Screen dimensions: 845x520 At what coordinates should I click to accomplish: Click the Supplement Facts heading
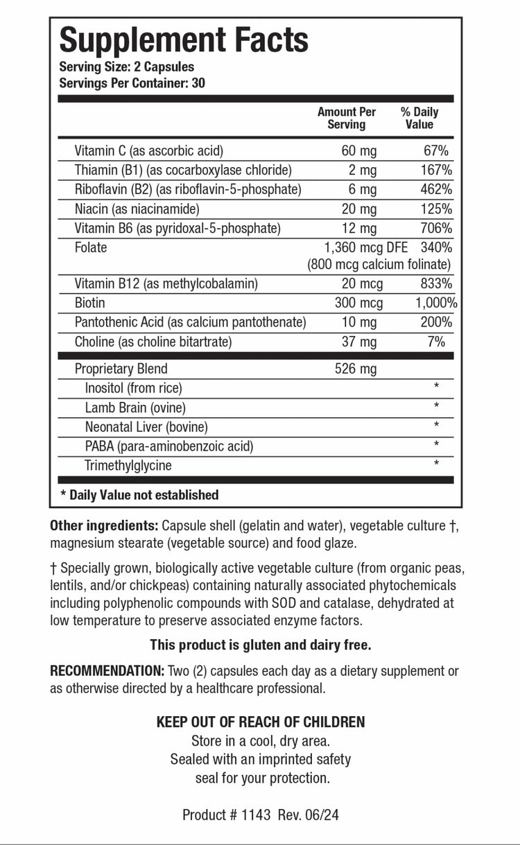(184, 40)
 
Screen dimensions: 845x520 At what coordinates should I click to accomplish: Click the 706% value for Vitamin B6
(437, 228)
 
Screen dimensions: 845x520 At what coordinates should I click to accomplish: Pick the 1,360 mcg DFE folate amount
(366, 247)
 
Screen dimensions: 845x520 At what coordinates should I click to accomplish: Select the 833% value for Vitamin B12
(437, 284)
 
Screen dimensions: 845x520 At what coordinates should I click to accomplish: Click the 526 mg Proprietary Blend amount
(356, 369)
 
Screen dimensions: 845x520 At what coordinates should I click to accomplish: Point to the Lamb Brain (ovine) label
(135, 408)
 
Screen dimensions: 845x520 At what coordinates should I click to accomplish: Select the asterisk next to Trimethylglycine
(436, 464)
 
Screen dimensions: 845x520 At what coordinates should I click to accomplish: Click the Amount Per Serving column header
(347, 119)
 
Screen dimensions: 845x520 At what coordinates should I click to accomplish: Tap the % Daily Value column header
(419, 119)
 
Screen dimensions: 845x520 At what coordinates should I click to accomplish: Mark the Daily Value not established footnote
(139, 495)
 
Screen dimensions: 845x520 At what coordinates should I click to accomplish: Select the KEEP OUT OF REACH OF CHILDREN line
(261, 722)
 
